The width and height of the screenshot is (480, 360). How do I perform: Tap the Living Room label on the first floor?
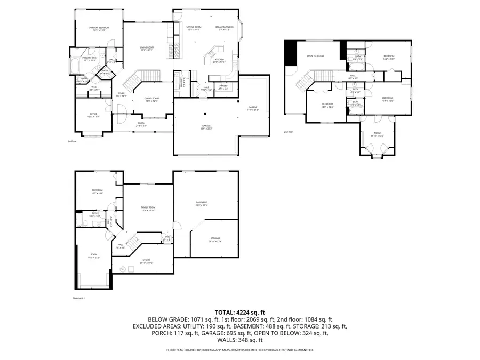click(x=147, y=49)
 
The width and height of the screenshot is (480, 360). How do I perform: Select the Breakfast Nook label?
click(x=225, y=28)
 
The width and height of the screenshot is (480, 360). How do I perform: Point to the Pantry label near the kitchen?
click(x=223, y=87)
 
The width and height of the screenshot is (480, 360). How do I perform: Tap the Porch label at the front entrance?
click(x=141, y=124)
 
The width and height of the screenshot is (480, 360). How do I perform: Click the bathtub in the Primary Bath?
click(x=74, y=68)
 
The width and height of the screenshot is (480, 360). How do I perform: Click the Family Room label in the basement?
click(x=148, y=208)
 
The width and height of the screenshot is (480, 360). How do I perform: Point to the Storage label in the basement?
click(x=214, y=239)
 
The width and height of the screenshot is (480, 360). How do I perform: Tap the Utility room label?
click(x=146, y=261)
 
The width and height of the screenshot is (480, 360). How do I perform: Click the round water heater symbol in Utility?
click(x=122, y=270)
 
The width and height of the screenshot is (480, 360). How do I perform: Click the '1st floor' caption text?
click(x=72, y=141)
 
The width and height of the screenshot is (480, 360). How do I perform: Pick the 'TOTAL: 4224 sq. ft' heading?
click(x=239, y=312)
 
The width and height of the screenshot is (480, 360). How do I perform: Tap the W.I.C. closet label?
click(x=93, y=88)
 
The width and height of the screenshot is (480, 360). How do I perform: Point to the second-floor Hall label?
click(x=353, y=77)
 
